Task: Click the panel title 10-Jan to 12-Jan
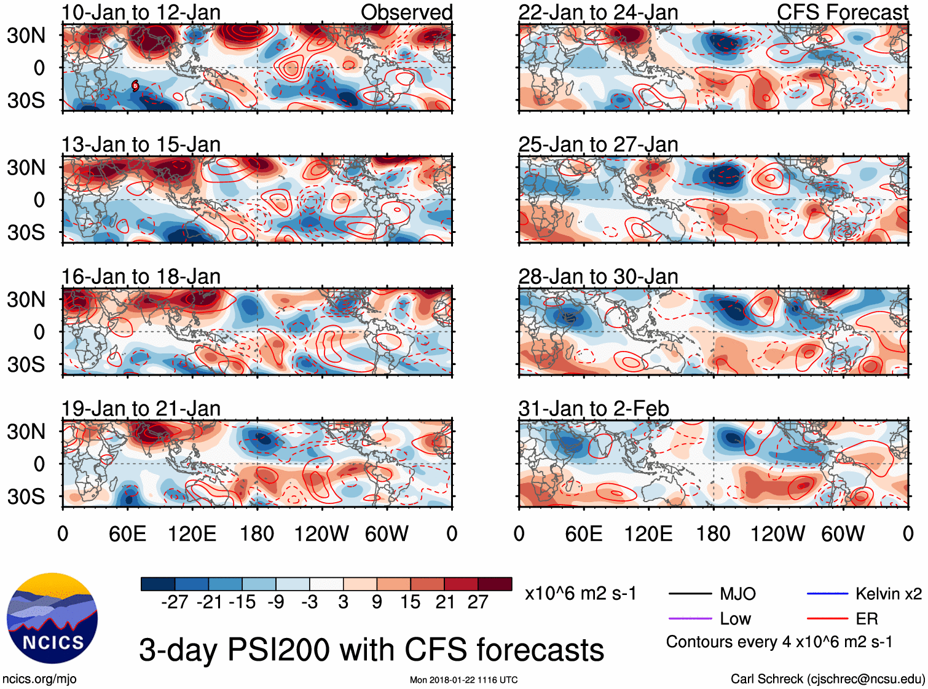[x=141, y=12]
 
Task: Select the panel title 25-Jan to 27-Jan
[x=598, y=144]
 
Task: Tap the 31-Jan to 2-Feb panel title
[x=594, y=409]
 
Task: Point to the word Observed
[x=406, y=12]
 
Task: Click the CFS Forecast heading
[x=842, y=12]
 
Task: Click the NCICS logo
[x=52, y=618]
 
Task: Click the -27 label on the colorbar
[x=175, y=602]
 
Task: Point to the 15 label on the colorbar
[x=410, y=602]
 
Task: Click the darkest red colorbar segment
[x=495, y=584]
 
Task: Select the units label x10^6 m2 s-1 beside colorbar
[x=580, y=594]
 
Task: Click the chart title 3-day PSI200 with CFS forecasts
[x=371, y=650]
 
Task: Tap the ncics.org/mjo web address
[x=39, y=679]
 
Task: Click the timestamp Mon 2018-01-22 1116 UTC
[x=463, y=680]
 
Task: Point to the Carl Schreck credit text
[x=827, y=679]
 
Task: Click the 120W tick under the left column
[x=321, y=533]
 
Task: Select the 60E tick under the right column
[x=583, y=533]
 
